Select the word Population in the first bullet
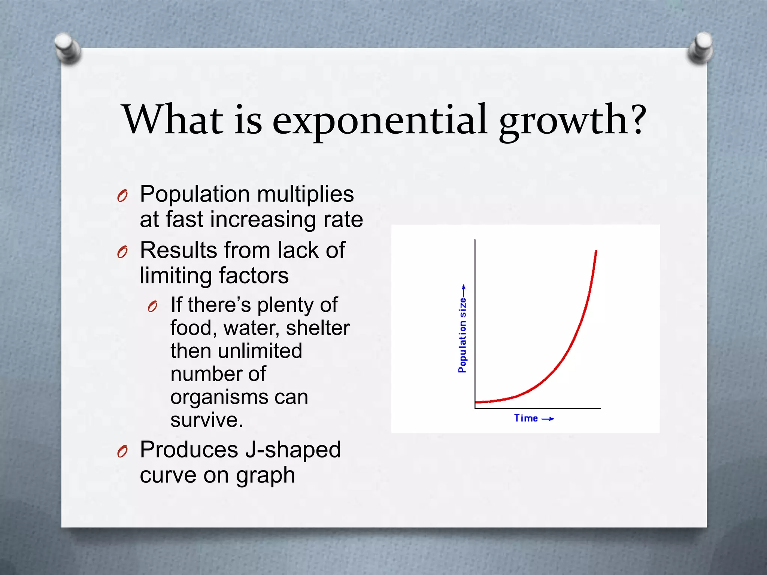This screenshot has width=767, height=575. (195, 195)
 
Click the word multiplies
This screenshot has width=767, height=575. (305, 195)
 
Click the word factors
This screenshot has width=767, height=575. (254, 276)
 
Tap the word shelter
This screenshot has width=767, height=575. (318, 328)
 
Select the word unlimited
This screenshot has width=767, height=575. (260, 351)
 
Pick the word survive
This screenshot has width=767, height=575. (206, 420)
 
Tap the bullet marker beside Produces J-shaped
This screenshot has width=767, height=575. (122, 452)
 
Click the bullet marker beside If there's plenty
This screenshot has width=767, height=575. (152, 307)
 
